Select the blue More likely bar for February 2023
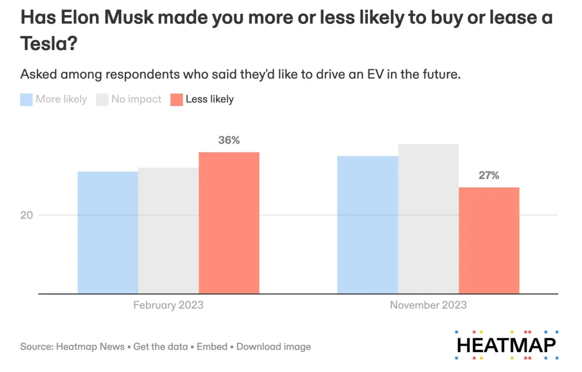[108, 233]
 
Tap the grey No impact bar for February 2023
[168, 231]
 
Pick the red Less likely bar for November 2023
[489, 240]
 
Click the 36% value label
[229, 140]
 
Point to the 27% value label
[489, 175]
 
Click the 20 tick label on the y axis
[27, 215]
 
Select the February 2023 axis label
[168, 305]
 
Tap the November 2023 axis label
[428, 305]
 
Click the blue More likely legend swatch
[26, 100]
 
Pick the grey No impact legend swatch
[102, 100]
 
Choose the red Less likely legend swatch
[177, 100]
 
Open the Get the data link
[161, 347]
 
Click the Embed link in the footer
[212, 347]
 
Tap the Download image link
[274, 347]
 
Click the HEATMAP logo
[506, 345]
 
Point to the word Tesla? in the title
[49, 44]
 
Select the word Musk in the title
[129, 17]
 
